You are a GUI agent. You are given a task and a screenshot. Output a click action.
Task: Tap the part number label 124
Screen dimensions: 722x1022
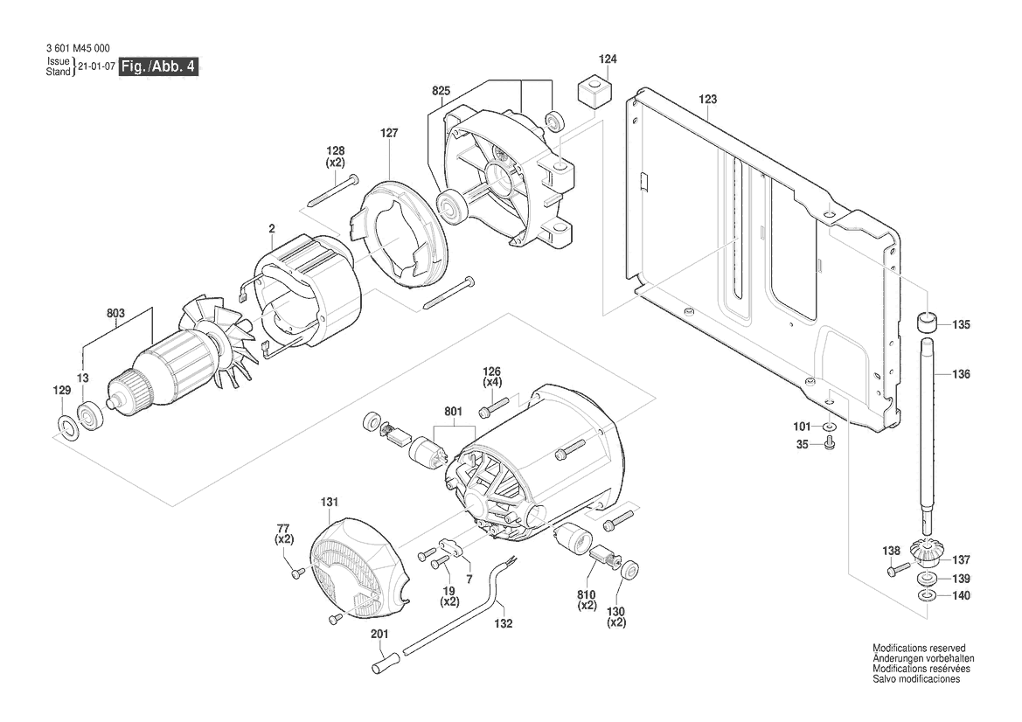(x=608, y=59)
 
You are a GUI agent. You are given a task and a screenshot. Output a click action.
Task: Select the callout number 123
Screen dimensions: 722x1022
(x=707, y=100)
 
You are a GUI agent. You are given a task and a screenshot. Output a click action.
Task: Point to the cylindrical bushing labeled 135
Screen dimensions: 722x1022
(x=928, y=323)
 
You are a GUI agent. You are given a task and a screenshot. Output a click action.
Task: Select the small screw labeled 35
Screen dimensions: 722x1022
(x=829, y=445)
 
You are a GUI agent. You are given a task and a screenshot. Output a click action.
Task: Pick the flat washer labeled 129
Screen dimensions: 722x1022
(x=64, y=426)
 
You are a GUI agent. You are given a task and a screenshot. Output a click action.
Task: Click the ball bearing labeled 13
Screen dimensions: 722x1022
(x=88, y=413)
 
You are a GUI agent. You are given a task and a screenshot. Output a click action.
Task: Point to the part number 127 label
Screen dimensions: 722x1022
(x=389, y=134)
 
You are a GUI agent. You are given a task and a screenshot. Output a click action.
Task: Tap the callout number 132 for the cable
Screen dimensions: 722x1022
(x=503, y=624)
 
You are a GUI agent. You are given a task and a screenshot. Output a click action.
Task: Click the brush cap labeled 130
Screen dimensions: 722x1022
(x=628, y=570)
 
